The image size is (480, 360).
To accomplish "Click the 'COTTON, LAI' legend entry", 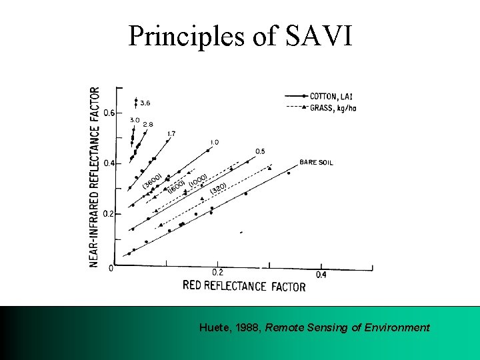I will pyautogui.click(x=331, y=96).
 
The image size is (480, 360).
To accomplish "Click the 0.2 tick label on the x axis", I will pyautogui.click(x=217, y=273).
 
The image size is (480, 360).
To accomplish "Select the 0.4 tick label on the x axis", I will pyautogui.click(x=321, y=275).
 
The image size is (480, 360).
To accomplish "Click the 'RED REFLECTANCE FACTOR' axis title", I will pyautogui.click(x=244, y=286).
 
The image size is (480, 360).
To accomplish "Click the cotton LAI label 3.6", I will pyautogui.click(x=145, y=103).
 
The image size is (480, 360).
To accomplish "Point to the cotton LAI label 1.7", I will pyautogui.click(x=171, y=134).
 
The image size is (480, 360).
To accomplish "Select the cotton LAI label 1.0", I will pyautogui.click(x=214, y=142).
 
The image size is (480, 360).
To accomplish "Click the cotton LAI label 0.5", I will pyautogui.click(x=260, y=151).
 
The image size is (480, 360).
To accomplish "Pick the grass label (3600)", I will pyautogui.click(x=153, y=180).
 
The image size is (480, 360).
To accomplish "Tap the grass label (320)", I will pyautogui.click(x=218, y=190).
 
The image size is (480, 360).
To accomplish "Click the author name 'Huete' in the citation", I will pyautogui.click(x=213, y=327).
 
